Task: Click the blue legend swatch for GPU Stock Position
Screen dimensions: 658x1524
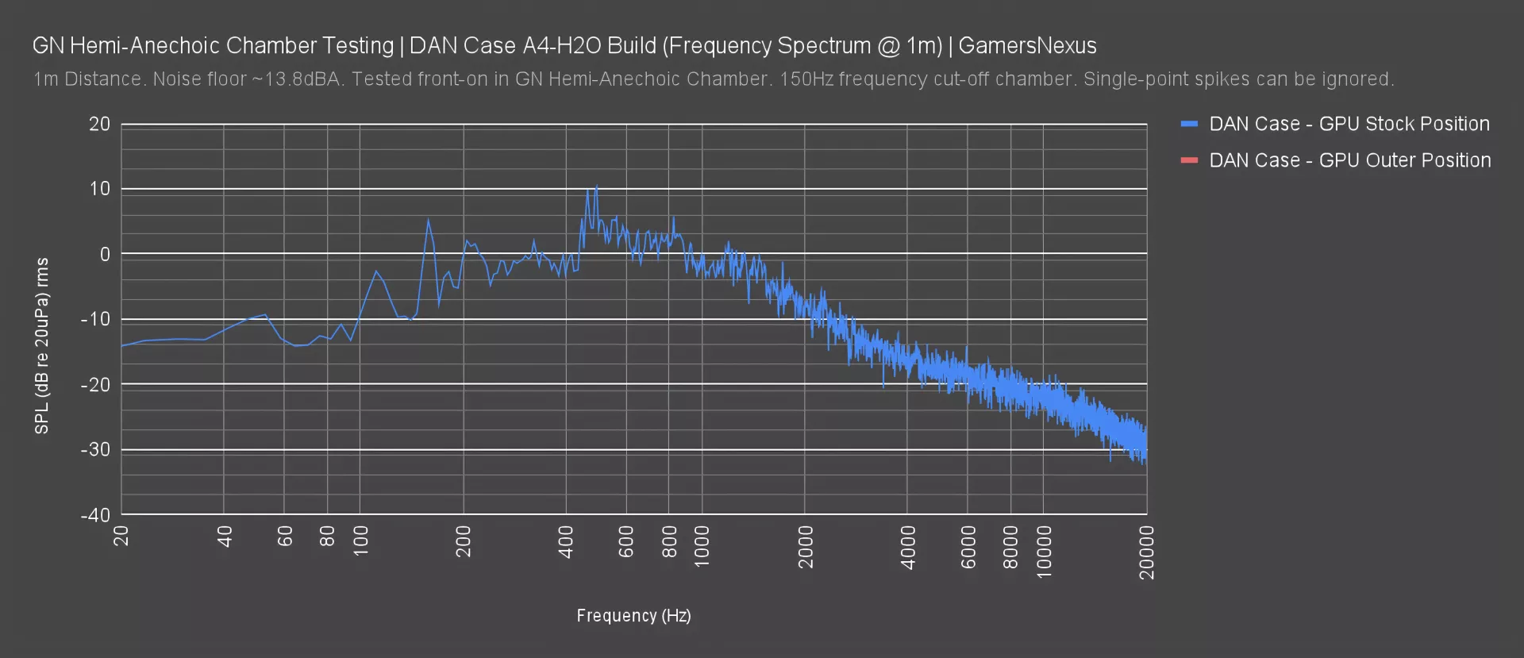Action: coord(1188,124)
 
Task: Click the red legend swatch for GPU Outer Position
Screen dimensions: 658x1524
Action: coord(1188,160)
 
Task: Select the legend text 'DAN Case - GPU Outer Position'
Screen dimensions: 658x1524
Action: coord(1349,160)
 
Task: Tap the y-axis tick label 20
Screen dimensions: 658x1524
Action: coord(99,124)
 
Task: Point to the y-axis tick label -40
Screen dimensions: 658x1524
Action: coord(96,514)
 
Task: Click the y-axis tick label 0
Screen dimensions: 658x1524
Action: coord(105,254)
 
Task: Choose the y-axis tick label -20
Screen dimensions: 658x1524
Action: coord(96,384)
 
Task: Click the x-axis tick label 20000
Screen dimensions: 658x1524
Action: coord(1146,552)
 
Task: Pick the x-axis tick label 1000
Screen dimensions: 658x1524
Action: coord(702,547)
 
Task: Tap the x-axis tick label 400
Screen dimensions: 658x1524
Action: coord(566,542)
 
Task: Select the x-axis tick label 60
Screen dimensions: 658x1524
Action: coord(285,537)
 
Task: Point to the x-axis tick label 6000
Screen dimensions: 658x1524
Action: coord(968,547)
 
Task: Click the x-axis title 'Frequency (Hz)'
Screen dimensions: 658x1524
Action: coord(633,615)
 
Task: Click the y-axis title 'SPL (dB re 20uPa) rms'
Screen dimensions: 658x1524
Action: coord(42,346)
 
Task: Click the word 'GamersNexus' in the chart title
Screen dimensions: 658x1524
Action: coord(1027,46)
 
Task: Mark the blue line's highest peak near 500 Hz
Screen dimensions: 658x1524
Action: coord(596,186)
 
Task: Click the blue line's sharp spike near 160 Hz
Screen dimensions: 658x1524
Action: coord(429,220)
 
